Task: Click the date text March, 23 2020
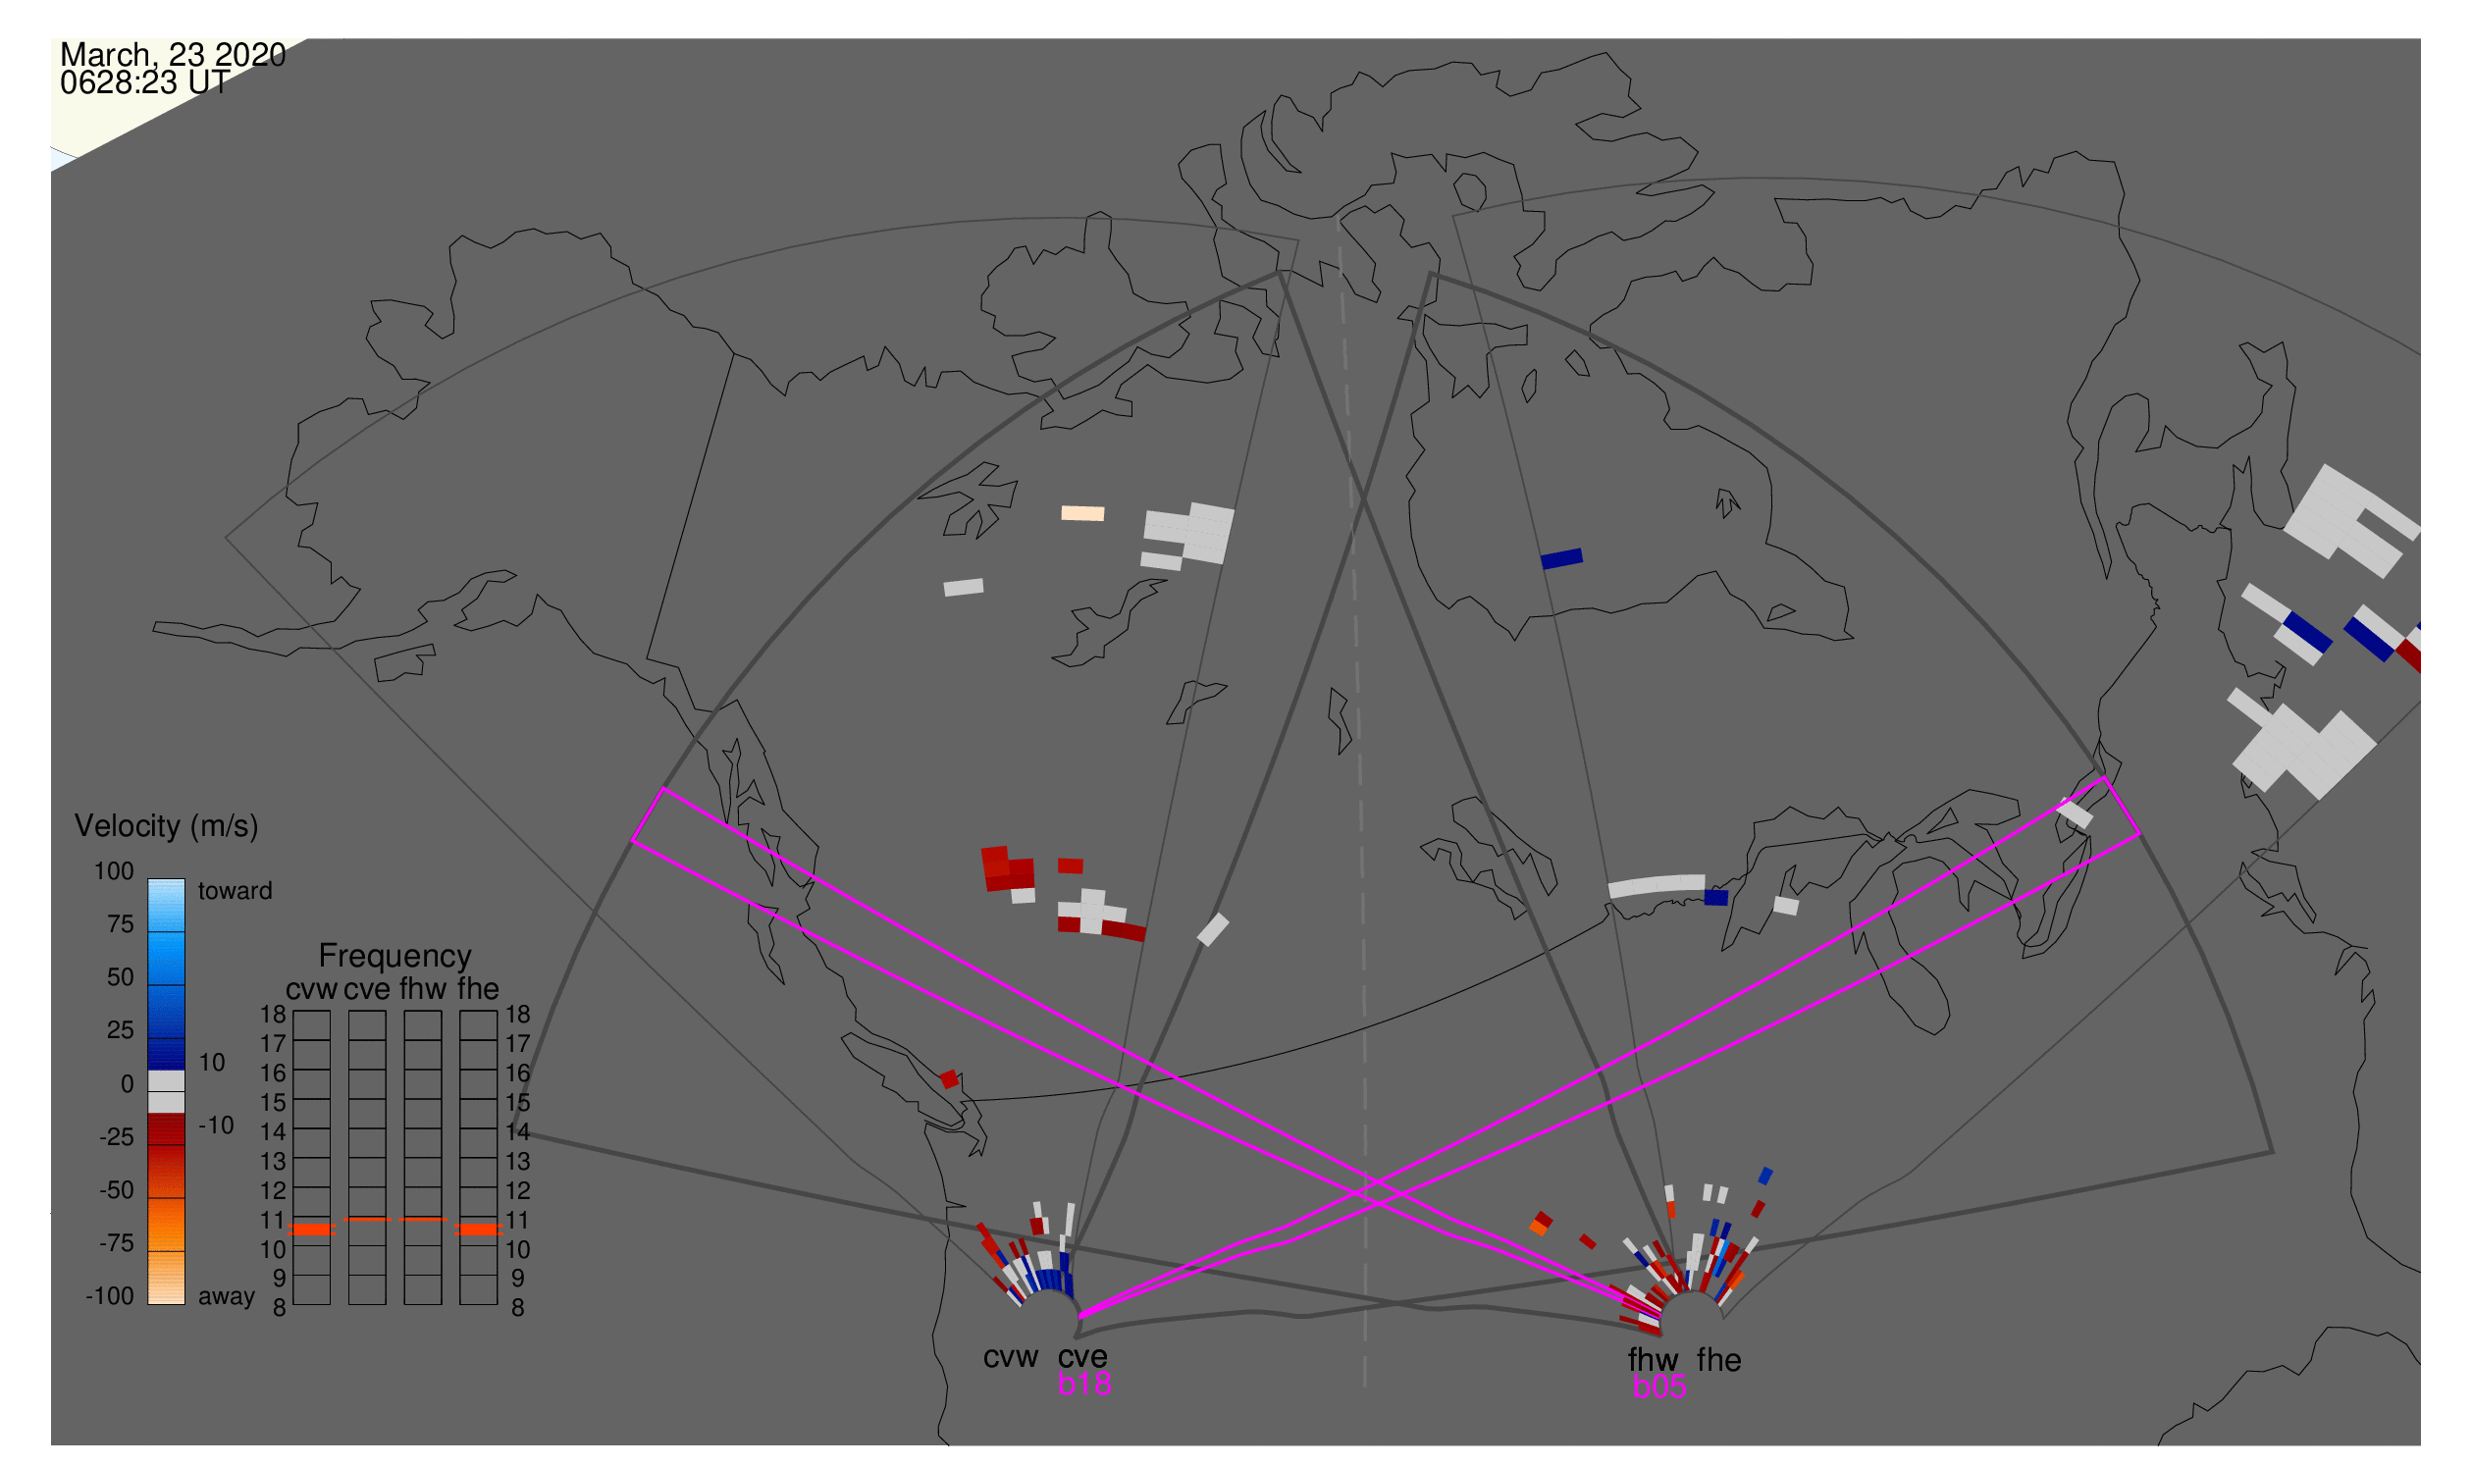(x=173, y=55)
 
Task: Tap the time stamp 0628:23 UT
(x=145, y=83)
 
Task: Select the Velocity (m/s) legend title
(x=166, y=827)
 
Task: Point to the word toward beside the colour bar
(x=236, y=891)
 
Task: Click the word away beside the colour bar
(x=227, y=1297)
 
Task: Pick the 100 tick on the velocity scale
(x=114, y=871)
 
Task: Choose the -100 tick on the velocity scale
(x=110, y=1296)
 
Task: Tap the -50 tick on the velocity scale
(x=117, y=1190)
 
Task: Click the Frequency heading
(x=395, y=958)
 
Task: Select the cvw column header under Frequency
(x=312, y=990)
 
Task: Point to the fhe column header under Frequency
(x=478, y=990)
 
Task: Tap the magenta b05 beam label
(x=1659, y=1387)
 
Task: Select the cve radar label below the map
(x=1082, y=1358)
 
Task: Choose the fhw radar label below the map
(x=1653, y=1361)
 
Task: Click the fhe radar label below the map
(x=1719, y=1361)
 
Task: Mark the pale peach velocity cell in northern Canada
(x=1082, y=514)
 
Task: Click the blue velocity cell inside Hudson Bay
(x=1562, y=559)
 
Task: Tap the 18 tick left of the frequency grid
(x=273, y=1015)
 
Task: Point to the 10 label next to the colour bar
(x=212, y=1063)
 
